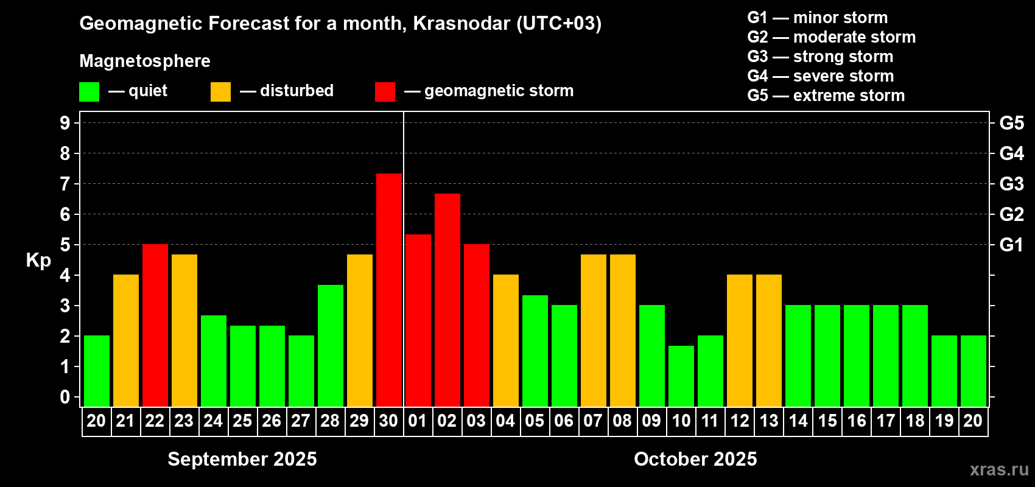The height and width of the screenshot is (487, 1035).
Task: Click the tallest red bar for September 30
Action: click(x=389, y=290)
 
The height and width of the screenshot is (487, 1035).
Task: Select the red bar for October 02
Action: click(x=447, y=300)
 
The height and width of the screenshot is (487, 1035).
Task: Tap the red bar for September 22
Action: click(x=155, y=325)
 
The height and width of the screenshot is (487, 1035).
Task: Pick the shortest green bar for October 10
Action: click(x=681, y=376)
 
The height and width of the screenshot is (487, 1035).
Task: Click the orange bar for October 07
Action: click(x=594, y=331)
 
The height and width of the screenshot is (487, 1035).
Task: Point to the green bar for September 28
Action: click(x=331, y=346)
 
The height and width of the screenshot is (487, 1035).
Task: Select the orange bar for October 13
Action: click(x=769, y=340)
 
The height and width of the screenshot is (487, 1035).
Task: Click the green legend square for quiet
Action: click(x=89, y=91)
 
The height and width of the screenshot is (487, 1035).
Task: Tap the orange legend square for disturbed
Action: click(x=220, y=91)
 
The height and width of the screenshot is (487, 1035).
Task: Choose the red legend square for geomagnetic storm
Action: click(x=385, y=91)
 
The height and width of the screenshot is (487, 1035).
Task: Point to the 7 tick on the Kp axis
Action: click(x=65, y=184)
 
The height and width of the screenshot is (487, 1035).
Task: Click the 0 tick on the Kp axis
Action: click(x=65, y=397)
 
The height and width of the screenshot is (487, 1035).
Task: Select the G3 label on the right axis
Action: click(x=1012, y=184)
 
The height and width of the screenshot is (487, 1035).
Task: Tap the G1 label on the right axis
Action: click(x=1012, y=245)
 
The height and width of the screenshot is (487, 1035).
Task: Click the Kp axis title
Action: click(x=38, y=261)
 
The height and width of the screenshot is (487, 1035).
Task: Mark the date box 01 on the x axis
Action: click(x=418, y=421)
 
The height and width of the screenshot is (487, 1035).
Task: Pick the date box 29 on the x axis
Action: click(x=359, y=421)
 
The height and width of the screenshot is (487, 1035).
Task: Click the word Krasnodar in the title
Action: click(x=461, y=23)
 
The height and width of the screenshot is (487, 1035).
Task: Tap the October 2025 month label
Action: click(x=695, y=459)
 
